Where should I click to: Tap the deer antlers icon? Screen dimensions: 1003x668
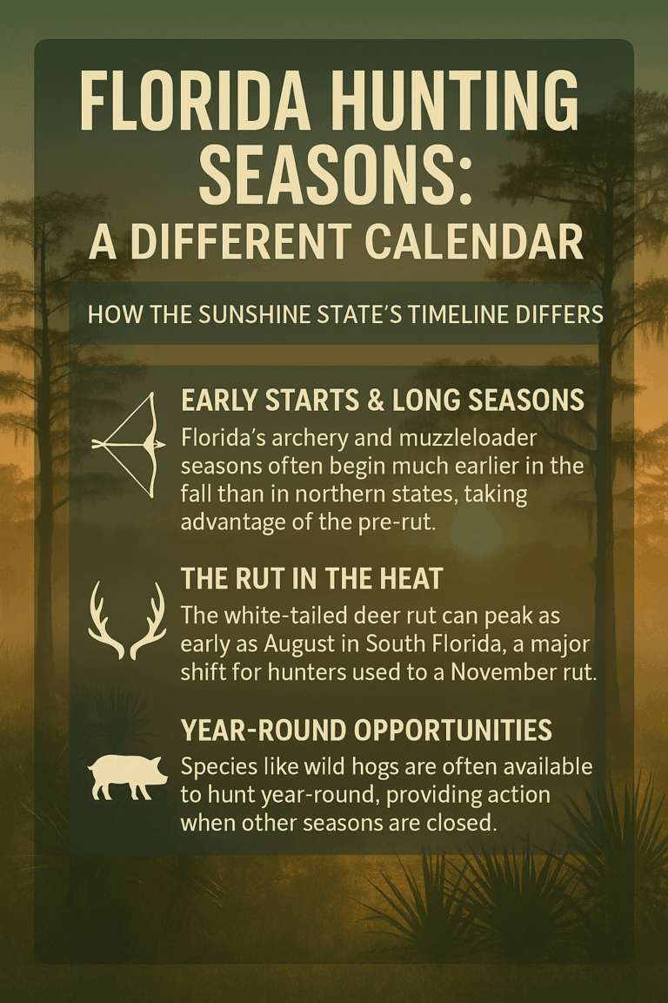(x=127, y=620)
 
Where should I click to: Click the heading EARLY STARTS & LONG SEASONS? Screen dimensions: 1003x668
(x=382, y=400)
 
